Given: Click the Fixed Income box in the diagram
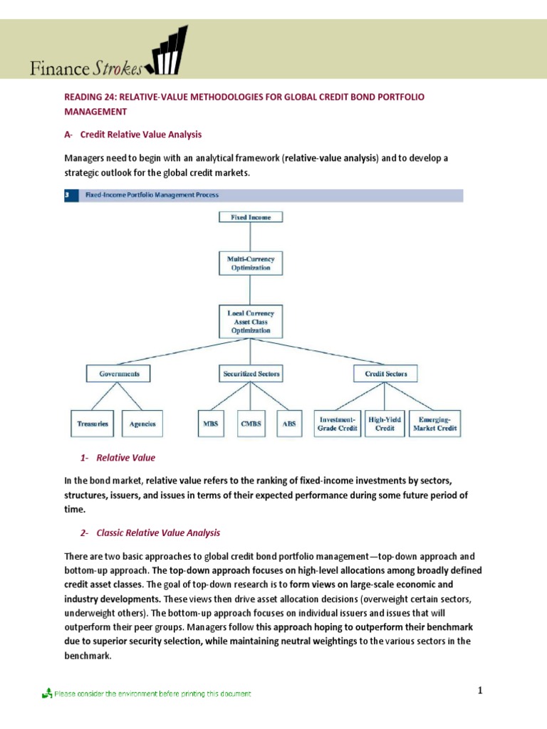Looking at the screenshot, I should point(249,217).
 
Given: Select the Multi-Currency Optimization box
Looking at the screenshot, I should point(249,263).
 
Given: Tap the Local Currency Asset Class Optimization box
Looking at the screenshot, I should point(249,321).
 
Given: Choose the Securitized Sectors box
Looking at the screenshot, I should point(249,373).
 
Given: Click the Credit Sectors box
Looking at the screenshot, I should point(385,373).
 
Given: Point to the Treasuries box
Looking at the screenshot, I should point(93,424).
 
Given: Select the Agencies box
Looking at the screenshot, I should point(142,424).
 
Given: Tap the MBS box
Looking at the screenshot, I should point(210,424).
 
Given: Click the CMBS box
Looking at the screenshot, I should point(250,424).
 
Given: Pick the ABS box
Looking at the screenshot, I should point(288,424).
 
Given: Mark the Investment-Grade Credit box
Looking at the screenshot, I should point(338,424).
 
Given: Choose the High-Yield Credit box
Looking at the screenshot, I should point(385,424).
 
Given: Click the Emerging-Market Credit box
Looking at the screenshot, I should point(434,424).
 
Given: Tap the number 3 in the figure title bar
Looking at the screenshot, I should point(67,194).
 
